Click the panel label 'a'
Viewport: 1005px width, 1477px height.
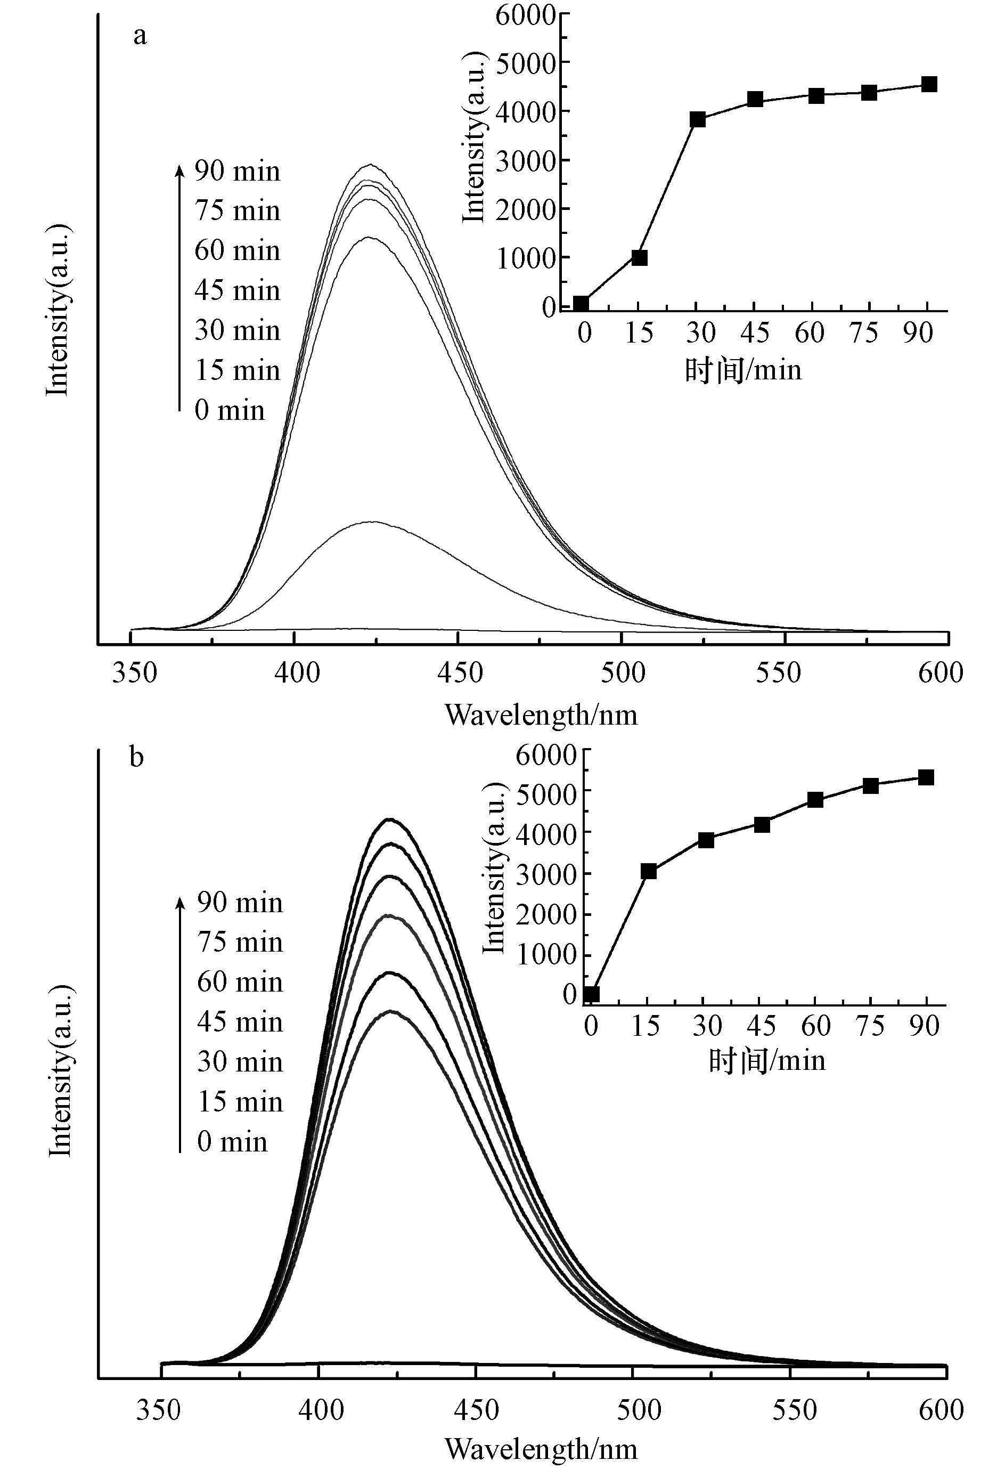coord(139,36)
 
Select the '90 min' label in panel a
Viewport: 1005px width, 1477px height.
coord(238,172)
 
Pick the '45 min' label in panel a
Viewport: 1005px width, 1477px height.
coord(238,290)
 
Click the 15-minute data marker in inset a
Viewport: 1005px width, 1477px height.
coord(639,257)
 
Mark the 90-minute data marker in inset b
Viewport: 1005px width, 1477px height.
coord(926,778)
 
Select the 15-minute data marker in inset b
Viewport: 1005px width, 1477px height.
coord(649,871)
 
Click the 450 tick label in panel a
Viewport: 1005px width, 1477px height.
coord(459,672)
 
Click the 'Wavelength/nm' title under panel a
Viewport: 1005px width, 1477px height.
coord(541,716)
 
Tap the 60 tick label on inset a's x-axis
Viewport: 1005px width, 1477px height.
coord(810,332)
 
